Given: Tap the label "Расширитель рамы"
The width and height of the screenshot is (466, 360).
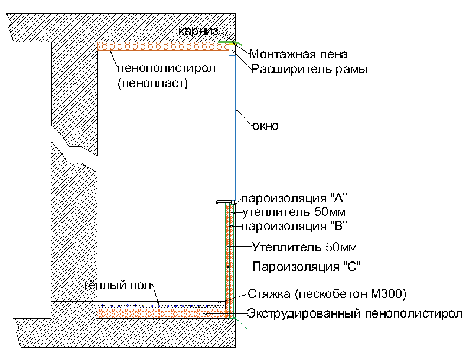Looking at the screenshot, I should click(x=309, y=70).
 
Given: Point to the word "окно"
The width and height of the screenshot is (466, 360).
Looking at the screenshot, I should click(x=265, y=126).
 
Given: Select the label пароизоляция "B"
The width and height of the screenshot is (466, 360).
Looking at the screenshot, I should click(x=294, y=225).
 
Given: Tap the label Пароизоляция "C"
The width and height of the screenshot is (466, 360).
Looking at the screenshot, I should click(x=307, y=266).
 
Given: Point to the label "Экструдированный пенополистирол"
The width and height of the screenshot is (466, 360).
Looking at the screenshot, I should click(x=354, y=313).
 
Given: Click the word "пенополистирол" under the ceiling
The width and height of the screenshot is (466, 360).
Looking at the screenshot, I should click(x=166, y=68).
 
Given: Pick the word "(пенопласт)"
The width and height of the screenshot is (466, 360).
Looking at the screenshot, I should click(x=152, y=84).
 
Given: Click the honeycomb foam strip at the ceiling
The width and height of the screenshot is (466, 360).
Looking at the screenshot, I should click(x=163, y=46).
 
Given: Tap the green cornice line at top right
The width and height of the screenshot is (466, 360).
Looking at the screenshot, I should click(x=227, y=42).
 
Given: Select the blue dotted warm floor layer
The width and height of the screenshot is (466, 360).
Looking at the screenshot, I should click(x=159, y=305).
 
